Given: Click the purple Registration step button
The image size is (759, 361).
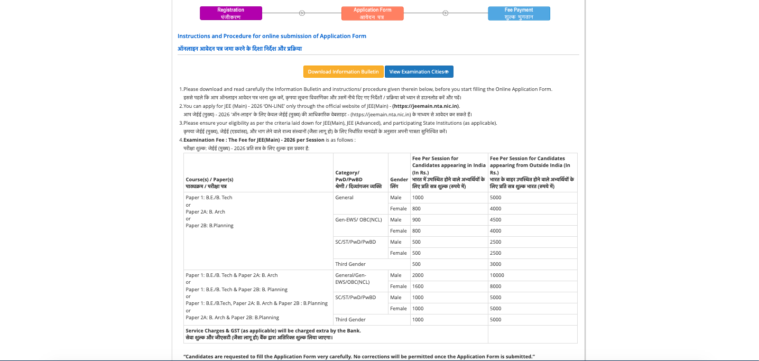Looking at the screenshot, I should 230,13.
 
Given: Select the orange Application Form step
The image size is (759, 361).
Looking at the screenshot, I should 372,13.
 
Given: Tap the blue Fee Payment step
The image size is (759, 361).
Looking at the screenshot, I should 519,13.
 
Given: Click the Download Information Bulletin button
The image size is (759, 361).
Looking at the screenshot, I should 343,72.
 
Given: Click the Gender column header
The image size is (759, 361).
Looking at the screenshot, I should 399,183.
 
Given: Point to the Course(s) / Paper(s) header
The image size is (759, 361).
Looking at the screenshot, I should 209,180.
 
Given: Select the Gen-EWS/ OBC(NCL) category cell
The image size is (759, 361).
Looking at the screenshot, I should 358,220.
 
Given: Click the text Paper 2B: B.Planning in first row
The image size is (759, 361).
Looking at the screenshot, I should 209,226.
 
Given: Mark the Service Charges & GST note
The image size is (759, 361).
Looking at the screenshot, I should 273,331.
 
